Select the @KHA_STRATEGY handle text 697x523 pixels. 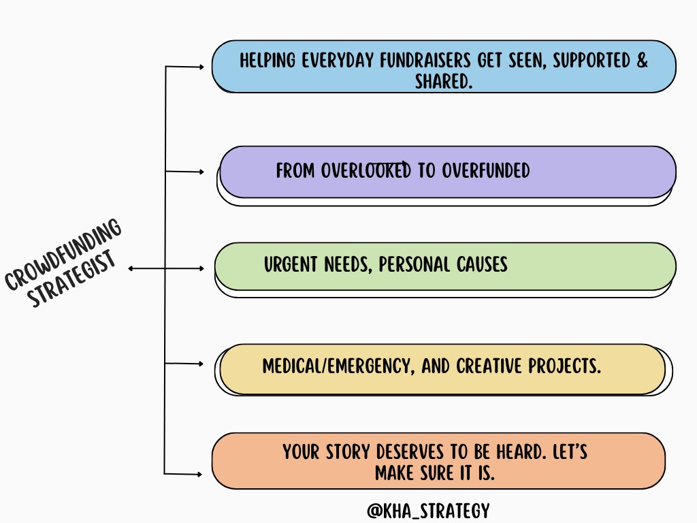coord(427,511)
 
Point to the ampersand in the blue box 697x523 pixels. coord(642,60)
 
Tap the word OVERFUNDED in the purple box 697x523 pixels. coord(485,170)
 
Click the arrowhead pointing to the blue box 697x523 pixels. coord(201,67)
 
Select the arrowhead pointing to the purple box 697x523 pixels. coord(201,172)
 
